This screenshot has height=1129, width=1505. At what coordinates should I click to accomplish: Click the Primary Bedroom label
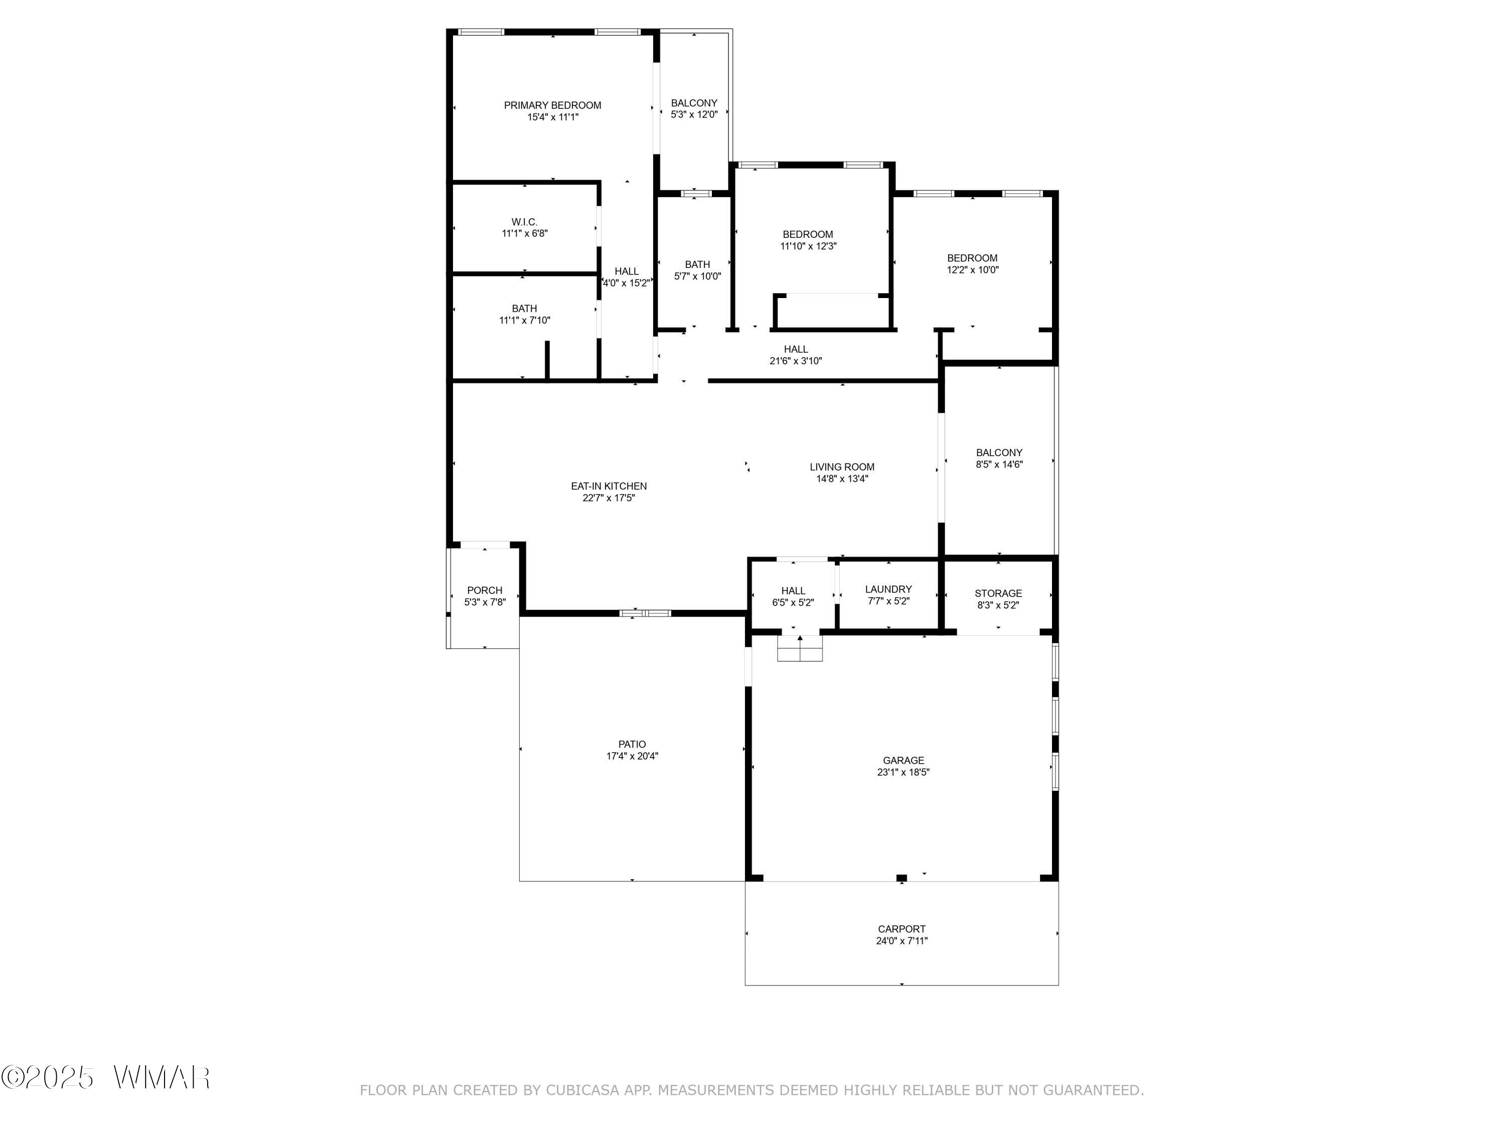[552, 105]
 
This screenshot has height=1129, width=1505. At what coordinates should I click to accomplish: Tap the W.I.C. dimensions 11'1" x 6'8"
[525, 233]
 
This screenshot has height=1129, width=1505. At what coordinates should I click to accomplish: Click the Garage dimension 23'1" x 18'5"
[903, 772]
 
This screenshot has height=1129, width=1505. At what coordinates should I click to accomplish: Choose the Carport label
[901, 929]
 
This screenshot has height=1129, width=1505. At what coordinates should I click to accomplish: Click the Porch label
[485, 591]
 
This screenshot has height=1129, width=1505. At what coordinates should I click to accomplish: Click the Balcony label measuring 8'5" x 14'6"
[999, 453]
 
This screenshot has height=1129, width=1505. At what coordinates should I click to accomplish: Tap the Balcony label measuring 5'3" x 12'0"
[694, 103]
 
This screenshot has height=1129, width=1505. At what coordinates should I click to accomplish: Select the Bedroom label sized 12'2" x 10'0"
[972, 258]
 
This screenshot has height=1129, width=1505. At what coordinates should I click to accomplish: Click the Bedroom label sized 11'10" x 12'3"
[808, 235]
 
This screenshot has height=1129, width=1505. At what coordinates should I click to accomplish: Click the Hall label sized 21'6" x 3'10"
[795, 349]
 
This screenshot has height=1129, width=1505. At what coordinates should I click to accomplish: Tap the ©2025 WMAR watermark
[105, 1077]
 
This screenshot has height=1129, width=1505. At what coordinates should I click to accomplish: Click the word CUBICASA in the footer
[582, 1091]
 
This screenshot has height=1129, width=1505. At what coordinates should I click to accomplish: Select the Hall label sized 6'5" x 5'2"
[793, 591]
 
